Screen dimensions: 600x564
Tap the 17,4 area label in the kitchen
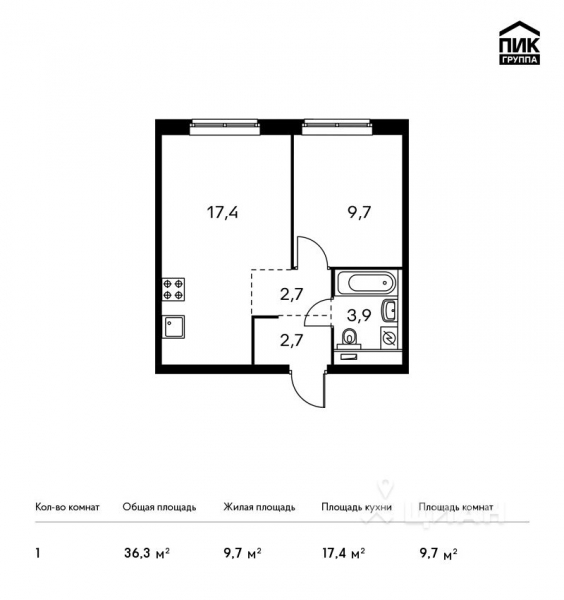click(x=222, y=212)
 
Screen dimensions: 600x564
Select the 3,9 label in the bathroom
click(x=357, y=316)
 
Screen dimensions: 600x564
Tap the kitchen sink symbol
click(x=173, y=327)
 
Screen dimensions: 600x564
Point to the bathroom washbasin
click(x=391, y=310)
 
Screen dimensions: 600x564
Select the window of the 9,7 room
click(x=341, y=125)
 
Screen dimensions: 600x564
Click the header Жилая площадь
click(x=259, y=507)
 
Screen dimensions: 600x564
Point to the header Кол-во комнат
click(x=67, y=507)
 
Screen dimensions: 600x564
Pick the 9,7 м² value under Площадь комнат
click(x=441, y=551)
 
